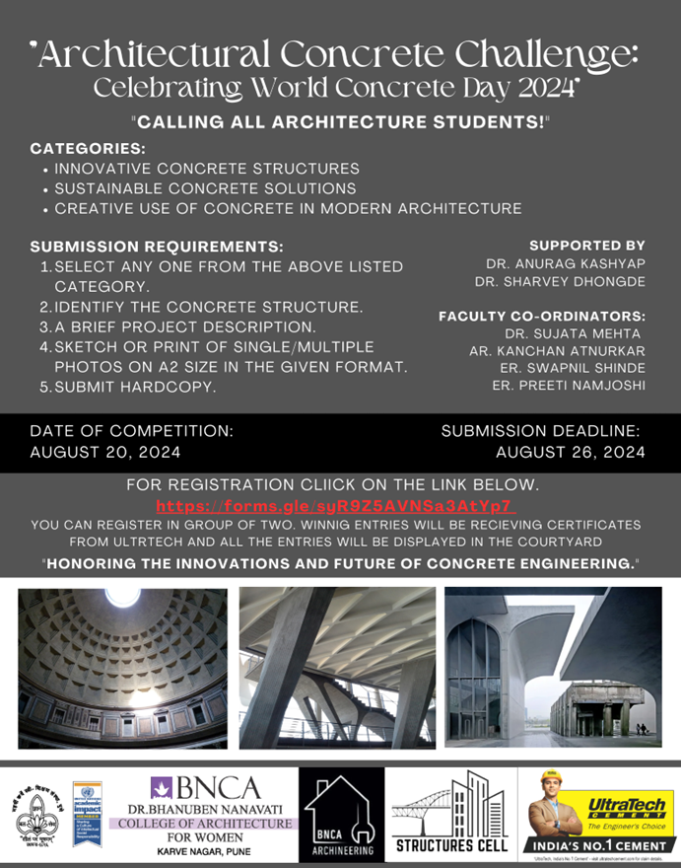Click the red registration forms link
[x=336, y=506]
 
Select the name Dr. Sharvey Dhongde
[x=560, y=282]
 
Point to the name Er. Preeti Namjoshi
[x=569, y=385]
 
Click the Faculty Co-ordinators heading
[x=542, y=316]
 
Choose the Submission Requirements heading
[x=157, y=246]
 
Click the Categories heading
[x=75, y=148]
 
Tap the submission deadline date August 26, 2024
[x=571, y=453]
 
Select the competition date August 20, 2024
[x=105, y=453]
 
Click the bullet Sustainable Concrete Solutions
[x=205, y=188]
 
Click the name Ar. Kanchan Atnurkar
[x=558, y=350]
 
